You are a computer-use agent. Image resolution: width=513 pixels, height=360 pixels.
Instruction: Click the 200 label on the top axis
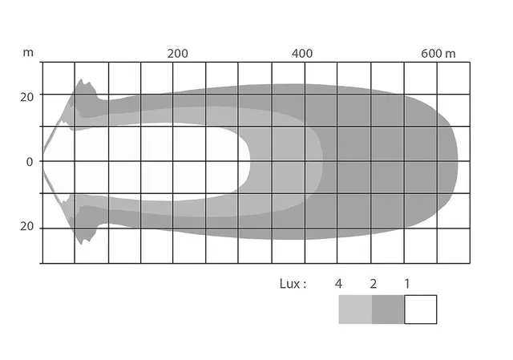pyautogui.click(x=178, y=54)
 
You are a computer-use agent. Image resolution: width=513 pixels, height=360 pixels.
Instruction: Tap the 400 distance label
pyautogui.click(x=302, y=54)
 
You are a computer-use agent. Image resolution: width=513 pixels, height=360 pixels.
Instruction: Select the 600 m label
pyautogui.click(x=438, y=54)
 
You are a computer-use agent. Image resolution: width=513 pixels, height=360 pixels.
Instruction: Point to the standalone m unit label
pyautogui.click(x=28, y=53)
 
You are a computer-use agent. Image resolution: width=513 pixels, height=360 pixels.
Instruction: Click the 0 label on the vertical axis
pyautogui.click(x=30, y=162)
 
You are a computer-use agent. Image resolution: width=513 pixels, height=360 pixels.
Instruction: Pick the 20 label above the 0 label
pyautogui.click(x=26, y=97)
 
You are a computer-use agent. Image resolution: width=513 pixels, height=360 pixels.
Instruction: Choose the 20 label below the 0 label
pyautogui.click(x=26, y=226)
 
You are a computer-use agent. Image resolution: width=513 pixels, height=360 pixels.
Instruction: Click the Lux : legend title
pyautogui.click(x=293, y=284)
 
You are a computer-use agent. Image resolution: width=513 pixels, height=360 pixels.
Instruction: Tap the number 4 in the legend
pyautogui.click(x=338, y=284)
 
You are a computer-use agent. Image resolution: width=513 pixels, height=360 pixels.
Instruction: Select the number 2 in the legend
pyautogui.click(x=374, y=284)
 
